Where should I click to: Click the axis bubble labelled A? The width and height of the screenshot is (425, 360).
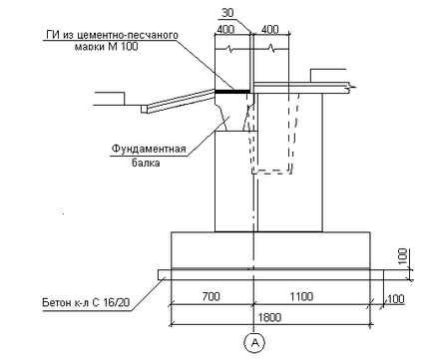pyautogui.click(x=255, y=342)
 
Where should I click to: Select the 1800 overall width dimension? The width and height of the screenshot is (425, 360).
pyautogui.click(x=269, y=317)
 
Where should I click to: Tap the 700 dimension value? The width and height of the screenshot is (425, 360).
pyautogui.click(x=211, y=296)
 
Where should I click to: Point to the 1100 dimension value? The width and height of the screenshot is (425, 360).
pyautogui.click(x=301, y=296)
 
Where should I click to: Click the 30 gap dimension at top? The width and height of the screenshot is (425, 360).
pyautogui.click(x=227, y=13)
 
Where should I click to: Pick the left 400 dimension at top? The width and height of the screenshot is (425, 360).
pyautogui.click(x=225, y=29)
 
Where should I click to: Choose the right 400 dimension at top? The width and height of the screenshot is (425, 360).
pyautogui.click(x=269, y=29)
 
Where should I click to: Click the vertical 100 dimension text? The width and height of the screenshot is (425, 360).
pyautogui.click(x=403, y=256)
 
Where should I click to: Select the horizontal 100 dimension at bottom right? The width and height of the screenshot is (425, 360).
pyautogui.click(x=396, y=299)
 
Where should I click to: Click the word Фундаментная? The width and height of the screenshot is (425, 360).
pyautogui.click(x=149, y=149)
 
